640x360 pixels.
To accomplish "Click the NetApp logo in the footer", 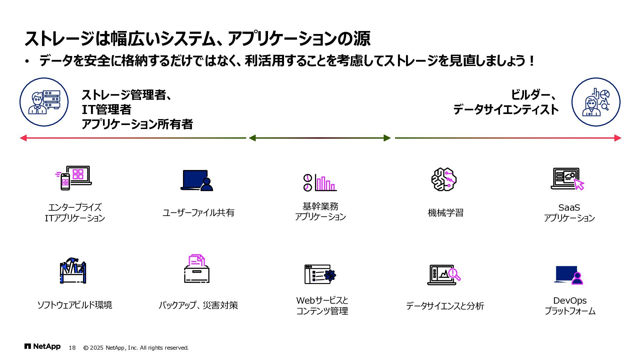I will pos(42,347).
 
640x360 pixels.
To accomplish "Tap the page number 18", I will pos(72,348).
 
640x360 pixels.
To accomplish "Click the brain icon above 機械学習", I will pos(444,179).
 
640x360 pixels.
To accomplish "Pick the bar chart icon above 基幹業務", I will pos(320,182).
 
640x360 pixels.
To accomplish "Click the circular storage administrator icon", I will pos(44,102).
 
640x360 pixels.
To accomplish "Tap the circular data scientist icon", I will pos(596,102).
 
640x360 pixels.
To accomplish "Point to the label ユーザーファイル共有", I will pos(198,213).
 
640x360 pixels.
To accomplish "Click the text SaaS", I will pos(569,208).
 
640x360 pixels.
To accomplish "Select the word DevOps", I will pos(570,301).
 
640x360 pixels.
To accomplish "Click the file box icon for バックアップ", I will pos(197,269).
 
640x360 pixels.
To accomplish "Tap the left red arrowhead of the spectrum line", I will pos(23,138).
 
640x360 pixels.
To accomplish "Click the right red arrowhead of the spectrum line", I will pos(618,138).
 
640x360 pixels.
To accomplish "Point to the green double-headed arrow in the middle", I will pos(320,138).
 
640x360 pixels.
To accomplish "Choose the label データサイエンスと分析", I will pos(445,306).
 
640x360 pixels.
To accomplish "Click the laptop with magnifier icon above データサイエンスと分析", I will pos(444,275).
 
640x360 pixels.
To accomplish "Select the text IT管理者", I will pos(106,110).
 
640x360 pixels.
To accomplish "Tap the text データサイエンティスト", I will pos(506,110).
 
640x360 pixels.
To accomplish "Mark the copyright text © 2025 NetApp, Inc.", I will pos(136,348).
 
